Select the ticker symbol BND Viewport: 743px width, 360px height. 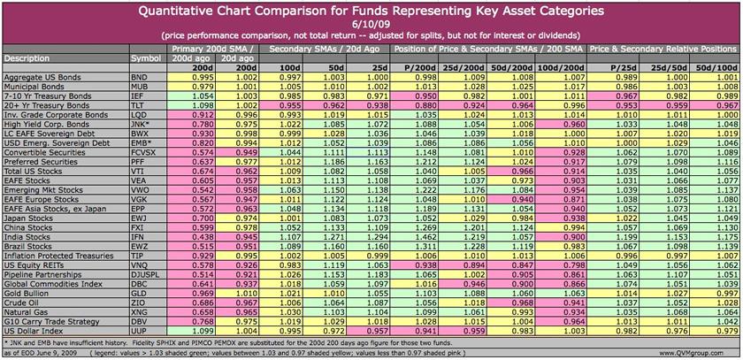(x=141, y=77)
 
